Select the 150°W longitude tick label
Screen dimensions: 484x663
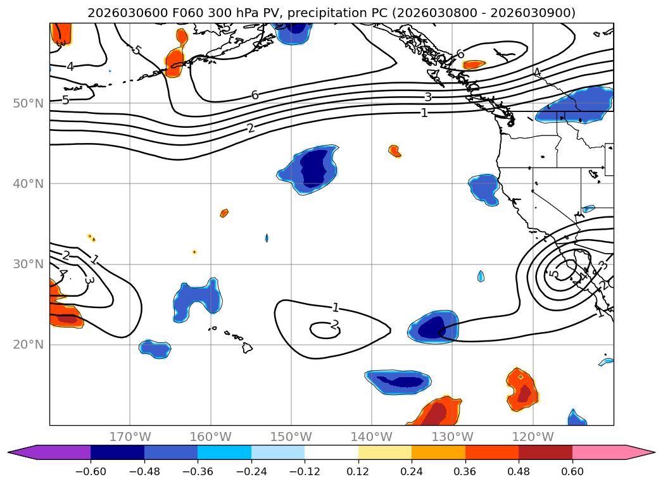(x=291, y=437)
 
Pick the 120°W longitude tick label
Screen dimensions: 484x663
(x=533, y=437)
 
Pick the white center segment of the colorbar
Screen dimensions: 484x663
(x=331, y=452)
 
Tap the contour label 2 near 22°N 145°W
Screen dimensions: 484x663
(x=335, y=325)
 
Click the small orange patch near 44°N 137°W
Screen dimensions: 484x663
(x=395, y=151)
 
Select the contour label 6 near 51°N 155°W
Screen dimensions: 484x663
(x=255, y=95)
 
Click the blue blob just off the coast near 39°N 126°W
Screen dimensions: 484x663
(x=484, y=189)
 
